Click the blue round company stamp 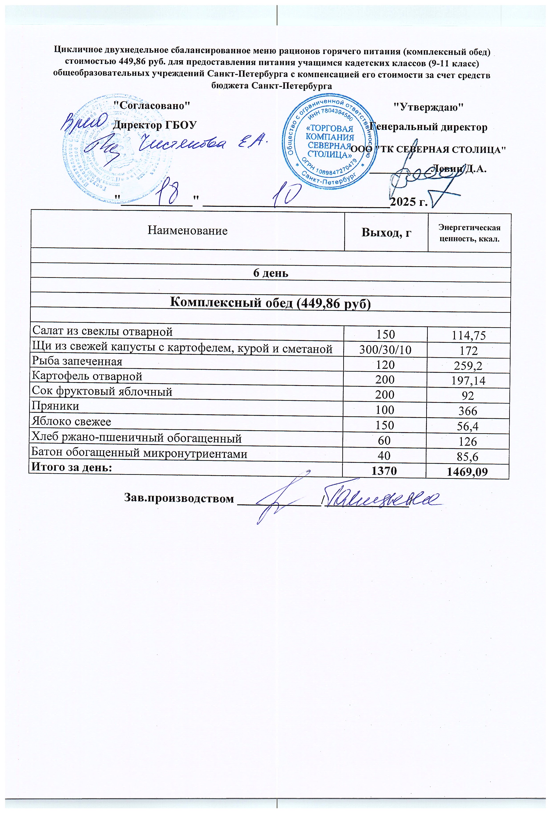(329, 140)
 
